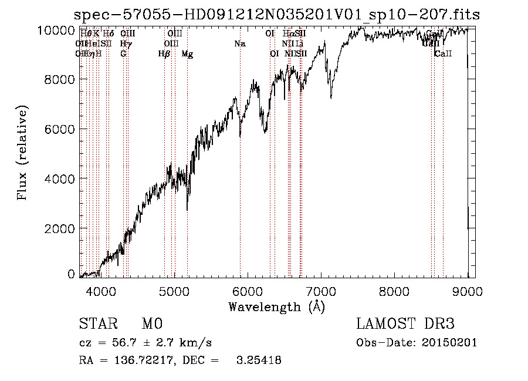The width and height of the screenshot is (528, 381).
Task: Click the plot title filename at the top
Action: click(277, 15)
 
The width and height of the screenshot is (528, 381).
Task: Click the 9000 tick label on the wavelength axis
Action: click(468, 291)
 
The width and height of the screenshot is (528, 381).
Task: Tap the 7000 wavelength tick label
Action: click(321, 291)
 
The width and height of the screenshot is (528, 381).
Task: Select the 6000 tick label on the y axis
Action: click(59, 129)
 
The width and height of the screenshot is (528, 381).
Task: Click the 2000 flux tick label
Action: click(59, 228)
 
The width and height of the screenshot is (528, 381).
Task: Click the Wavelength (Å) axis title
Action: click(276, 306)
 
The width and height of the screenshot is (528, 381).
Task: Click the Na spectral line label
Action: click(239, 44)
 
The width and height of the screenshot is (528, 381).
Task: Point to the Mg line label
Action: click(187, 54)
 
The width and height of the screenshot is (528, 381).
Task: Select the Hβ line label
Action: click(164, 54)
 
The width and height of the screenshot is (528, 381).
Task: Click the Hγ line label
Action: click(125, 44)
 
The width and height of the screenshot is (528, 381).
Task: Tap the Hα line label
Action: click(287, 34)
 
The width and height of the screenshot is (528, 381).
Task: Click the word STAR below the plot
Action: click(97, 324)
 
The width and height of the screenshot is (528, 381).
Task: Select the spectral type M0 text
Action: click(151, 324)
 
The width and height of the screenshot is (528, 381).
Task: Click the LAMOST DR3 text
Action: click(405, 324)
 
